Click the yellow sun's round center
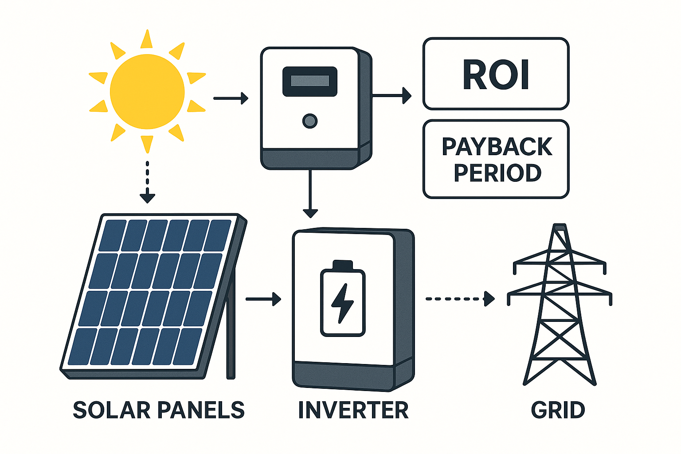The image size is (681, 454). point(147,92)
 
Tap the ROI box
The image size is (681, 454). point(496,74)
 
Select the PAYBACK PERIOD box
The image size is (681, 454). point(496,159)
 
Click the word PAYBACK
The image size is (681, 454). point(497,147)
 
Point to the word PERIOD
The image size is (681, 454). point(497,173)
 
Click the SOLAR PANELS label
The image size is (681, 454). point(159,410)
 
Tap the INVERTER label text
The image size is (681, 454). point(353,410)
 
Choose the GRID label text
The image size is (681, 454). point(558,410)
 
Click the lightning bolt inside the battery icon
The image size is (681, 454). point(342,303)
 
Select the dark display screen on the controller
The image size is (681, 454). point(310,81)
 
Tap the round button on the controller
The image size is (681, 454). point(309,121)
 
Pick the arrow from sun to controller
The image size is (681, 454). point(231,98)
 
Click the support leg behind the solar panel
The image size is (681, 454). point(231,337)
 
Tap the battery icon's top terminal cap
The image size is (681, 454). point(342,265)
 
